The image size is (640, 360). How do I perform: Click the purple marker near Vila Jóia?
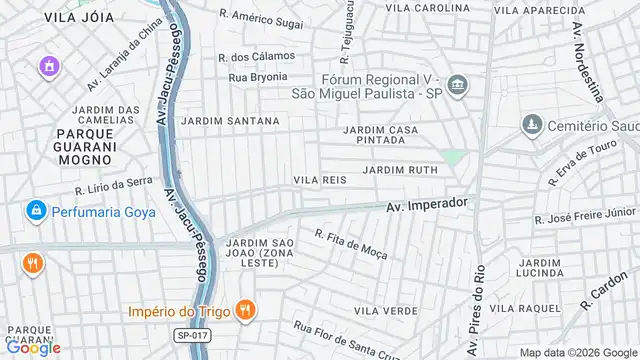(48, 67)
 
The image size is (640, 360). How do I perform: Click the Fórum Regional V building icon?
(457, 85)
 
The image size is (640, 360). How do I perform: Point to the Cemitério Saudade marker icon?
(531, 125)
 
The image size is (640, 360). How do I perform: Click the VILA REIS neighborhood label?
(319, 179)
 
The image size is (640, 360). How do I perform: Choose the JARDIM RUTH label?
(400, 170)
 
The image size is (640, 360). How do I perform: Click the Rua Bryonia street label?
(261, 76)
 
